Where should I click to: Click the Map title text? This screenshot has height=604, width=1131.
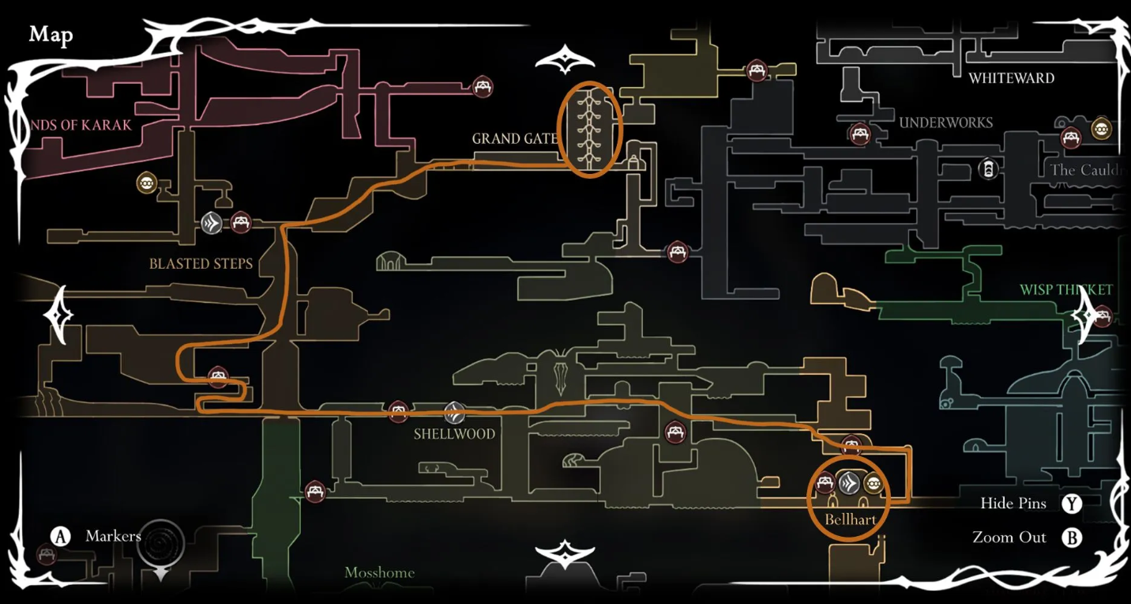51,35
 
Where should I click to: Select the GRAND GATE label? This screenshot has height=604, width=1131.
514,139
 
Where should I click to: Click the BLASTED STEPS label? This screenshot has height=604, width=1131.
201,264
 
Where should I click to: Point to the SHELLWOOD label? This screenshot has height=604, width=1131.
454,434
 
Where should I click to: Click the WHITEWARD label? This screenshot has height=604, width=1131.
1011,78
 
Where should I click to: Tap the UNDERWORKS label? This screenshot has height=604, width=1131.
945,123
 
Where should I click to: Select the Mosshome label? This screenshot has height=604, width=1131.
379,572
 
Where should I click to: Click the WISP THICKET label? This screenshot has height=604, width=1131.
1065,290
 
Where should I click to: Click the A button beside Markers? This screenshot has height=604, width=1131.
61,536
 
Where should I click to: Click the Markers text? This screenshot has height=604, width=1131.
113,536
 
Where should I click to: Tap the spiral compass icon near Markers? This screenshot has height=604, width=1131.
160,543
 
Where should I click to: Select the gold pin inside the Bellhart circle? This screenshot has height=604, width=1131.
873,483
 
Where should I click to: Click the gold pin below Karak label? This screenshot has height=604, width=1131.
146,183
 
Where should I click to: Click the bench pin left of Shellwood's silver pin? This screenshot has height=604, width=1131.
398,412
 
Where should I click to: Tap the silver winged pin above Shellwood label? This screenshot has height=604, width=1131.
453,412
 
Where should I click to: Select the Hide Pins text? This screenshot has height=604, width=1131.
1013,504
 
